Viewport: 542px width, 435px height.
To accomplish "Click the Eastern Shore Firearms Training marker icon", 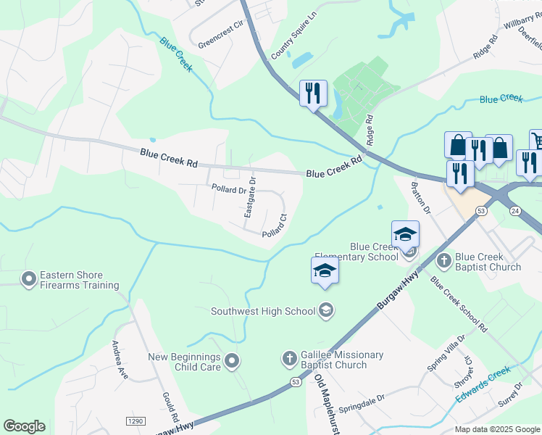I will point(29,278).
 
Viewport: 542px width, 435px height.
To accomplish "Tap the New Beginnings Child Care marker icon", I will point(232,360).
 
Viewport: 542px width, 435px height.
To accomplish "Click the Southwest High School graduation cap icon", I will point(326,310).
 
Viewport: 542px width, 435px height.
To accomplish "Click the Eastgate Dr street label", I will point(250,197).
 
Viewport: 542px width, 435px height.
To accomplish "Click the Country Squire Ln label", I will point(294,36).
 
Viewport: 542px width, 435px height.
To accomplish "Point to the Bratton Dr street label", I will point(420,198).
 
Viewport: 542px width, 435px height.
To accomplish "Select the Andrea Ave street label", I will point(120,360).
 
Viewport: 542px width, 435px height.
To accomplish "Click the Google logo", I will point(24,426).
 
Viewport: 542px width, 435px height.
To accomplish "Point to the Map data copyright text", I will point(497,429).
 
